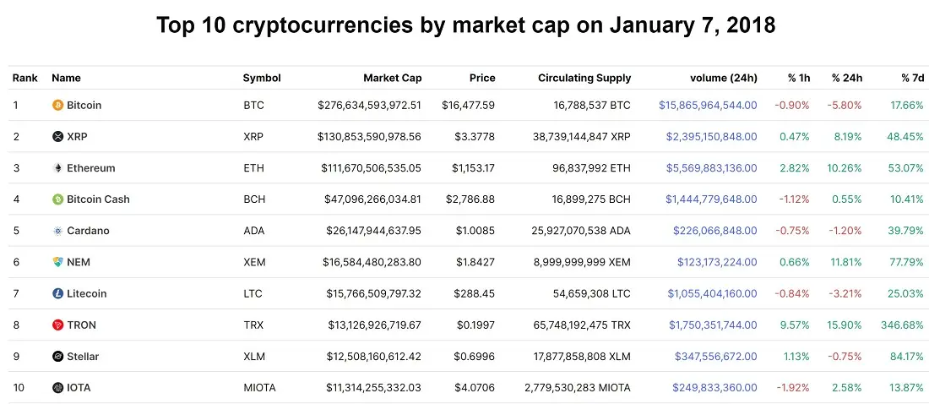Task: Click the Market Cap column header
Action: (392, 78)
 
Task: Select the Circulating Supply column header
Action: (584, 78)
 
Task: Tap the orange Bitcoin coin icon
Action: (57, 106)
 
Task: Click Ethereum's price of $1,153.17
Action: (473, 168)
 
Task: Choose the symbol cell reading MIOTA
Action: (259, 388)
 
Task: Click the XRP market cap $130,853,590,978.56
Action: (369, 136)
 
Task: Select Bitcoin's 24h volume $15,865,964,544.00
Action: (708, 106)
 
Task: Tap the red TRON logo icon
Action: (57, 325)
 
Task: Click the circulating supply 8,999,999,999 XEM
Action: (582, 262)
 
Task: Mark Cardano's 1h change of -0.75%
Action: (792, 231)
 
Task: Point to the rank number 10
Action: (19, 388)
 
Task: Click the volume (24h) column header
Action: (724, 78)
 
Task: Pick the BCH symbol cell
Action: (254, 199)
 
